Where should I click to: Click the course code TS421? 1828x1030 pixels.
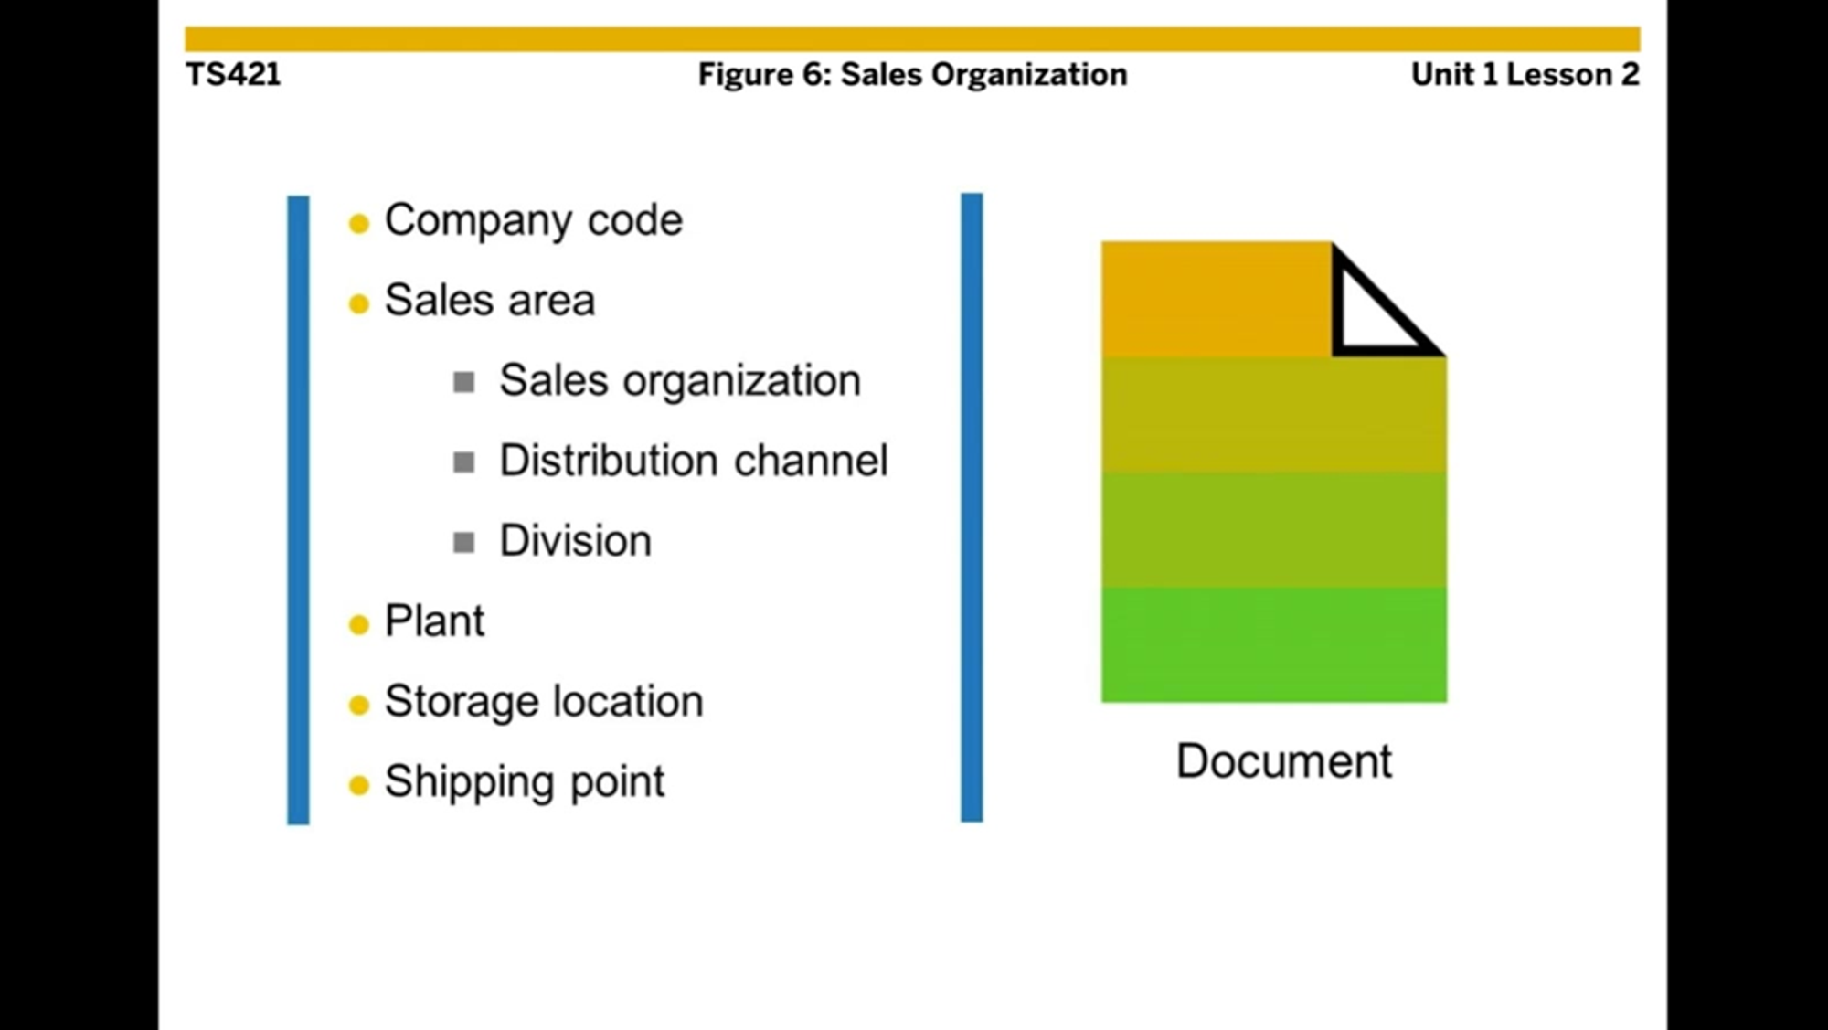pos(233,74)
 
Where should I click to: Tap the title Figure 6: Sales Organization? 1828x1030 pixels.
pos(912,74)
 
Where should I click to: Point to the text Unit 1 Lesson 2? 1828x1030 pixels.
pos(1525,74)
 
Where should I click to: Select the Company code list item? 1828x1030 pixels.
pos(533,220)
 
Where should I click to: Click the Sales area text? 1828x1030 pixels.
pos(489,300)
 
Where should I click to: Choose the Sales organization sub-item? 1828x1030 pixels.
pos(679,380)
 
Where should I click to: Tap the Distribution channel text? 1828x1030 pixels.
pos(693,461)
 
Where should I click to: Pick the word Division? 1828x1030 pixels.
pos(575,541)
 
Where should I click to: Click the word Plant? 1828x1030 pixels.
pos(434,621)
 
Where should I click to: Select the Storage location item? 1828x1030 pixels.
pos(544,702)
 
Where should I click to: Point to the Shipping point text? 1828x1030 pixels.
pos(524,781)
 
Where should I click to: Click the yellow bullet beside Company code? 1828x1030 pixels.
pos(359,224)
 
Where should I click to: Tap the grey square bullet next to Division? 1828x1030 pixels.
pos(464,543)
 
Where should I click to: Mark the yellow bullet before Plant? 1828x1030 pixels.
pos(359,625)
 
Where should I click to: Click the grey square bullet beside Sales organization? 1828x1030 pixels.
pos(464,382)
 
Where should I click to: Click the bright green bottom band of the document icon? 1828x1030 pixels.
pos(1273,644)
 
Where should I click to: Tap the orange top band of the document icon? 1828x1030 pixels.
pos(1216,299)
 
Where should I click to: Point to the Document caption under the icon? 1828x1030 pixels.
pos(1283,761)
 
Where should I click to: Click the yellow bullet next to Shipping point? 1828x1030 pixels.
pos(359,785)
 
